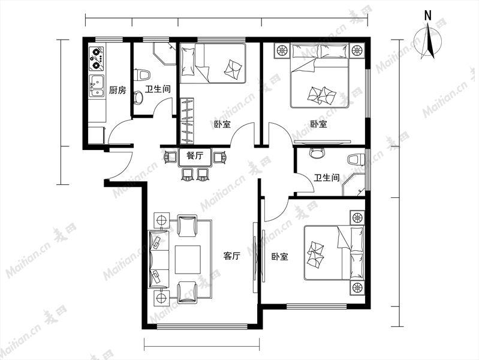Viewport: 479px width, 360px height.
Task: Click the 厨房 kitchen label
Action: (x=118, y=90)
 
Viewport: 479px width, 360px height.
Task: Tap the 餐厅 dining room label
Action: (x=195, y=155)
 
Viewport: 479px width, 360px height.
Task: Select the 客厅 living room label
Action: (x=231, y=256)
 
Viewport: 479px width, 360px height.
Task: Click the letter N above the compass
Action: (x=428, y=15)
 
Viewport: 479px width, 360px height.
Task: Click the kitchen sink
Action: (x=97, y=86)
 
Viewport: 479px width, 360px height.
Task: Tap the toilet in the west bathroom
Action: (x=141, y=75)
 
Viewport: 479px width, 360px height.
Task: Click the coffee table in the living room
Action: (x=188, y=259)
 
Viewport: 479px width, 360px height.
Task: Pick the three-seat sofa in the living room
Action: (x=158, y=259)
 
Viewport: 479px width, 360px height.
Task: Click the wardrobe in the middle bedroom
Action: (x=186, y=121)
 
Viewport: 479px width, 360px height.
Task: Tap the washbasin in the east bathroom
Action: (x=315, y=153)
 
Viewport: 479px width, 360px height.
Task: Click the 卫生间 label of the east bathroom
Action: (x=327, y=178)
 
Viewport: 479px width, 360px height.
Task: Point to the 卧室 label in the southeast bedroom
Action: (x=280, y=256)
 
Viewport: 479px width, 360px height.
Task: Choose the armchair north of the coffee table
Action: (x=187, y=226)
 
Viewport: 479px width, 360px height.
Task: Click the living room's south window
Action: (x=201, y=326)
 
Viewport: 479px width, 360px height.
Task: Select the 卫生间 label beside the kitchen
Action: (x=158, y=89)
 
